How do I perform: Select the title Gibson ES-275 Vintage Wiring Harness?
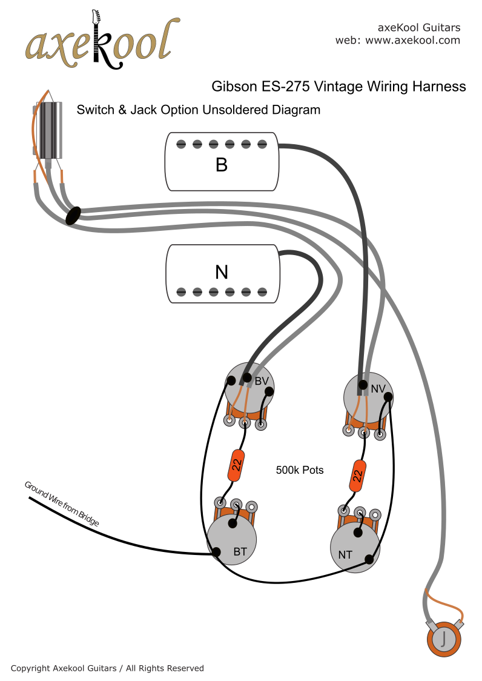338,87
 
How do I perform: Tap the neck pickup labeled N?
222,273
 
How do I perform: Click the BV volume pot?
249,387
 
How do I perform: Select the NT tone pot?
355,546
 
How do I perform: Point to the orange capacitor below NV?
358,476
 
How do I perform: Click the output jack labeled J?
444,638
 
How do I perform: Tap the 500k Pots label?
300,470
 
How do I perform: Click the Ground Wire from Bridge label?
61,503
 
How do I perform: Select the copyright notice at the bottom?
107,668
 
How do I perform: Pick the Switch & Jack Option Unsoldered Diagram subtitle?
198,110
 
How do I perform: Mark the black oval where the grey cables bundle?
73,215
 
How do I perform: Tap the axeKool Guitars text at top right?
418,28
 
